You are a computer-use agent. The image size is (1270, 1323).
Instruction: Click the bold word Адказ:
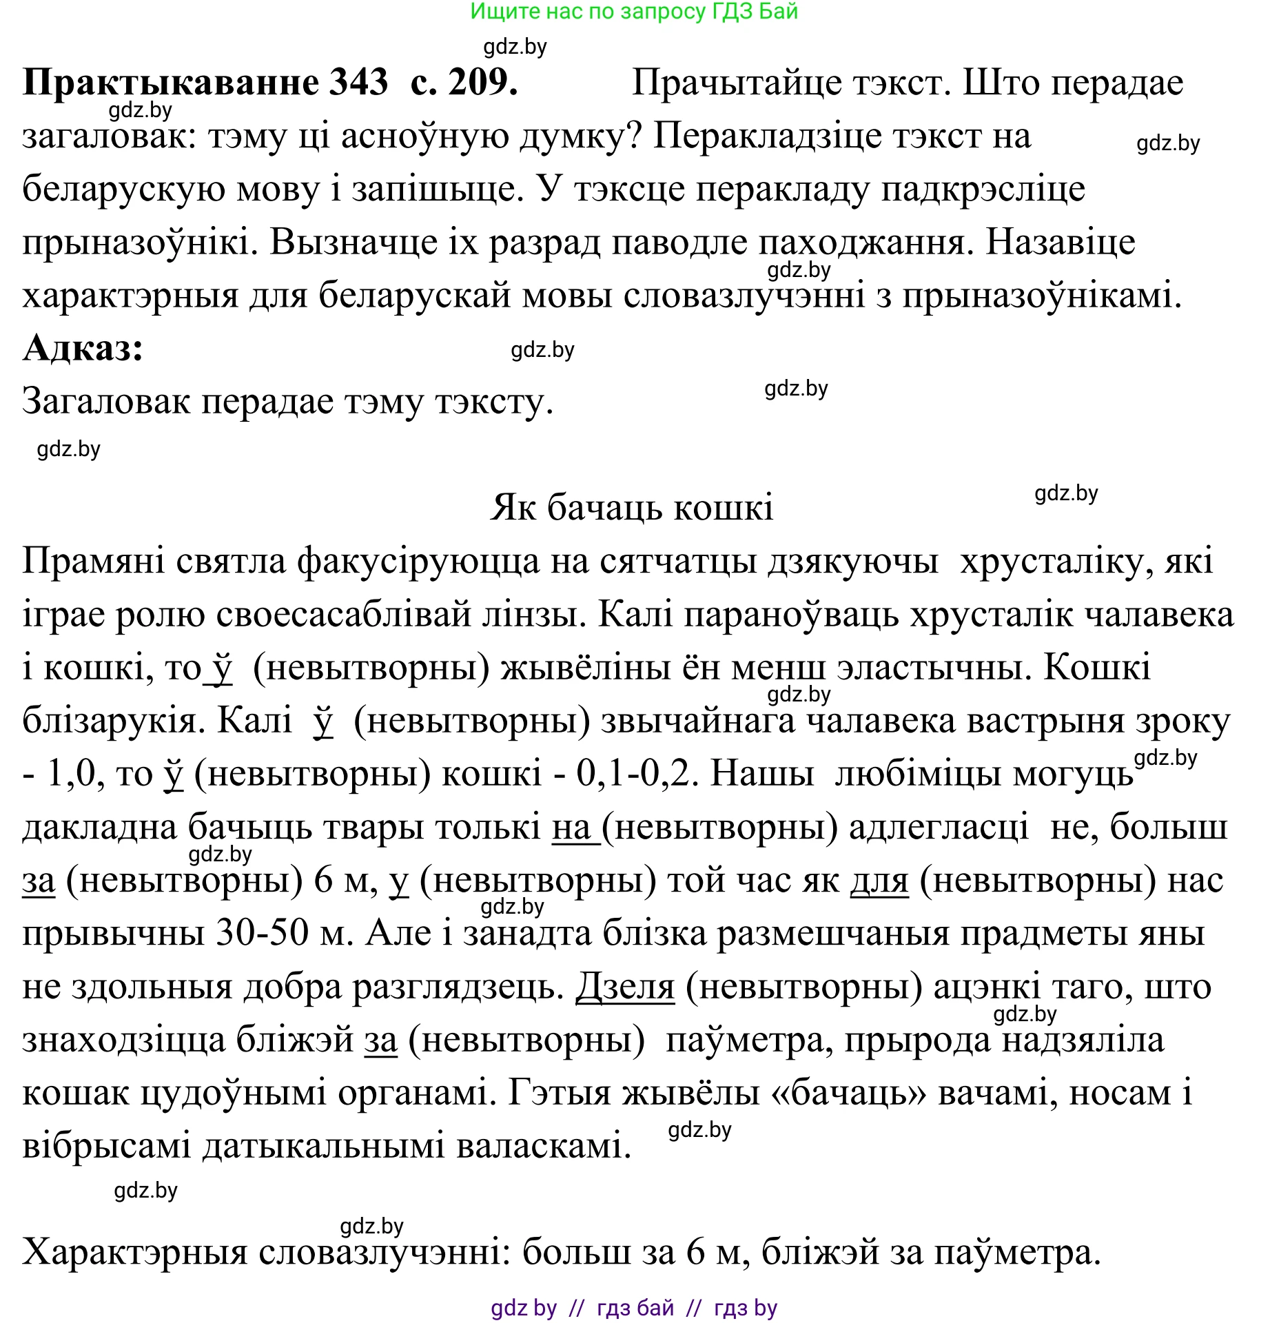(x=83, y=348)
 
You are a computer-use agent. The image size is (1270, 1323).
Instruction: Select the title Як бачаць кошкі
(x=631, y=508)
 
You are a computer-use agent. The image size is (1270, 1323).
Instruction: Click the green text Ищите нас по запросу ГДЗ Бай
(x=634, y=12)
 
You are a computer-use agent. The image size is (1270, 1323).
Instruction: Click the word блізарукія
(x=110, y=721)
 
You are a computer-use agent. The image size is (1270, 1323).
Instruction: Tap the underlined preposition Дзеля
(x=625, y=987)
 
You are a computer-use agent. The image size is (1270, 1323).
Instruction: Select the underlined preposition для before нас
(x=879, y=881)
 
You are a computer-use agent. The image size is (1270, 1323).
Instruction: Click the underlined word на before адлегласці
(x=572, y=827)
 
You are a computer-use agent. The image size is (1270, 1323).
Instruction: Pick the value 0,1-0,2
(x=633, y=774)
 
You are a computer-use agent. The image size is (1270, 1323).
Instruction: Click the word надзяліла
(x=1083, y=1040)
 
